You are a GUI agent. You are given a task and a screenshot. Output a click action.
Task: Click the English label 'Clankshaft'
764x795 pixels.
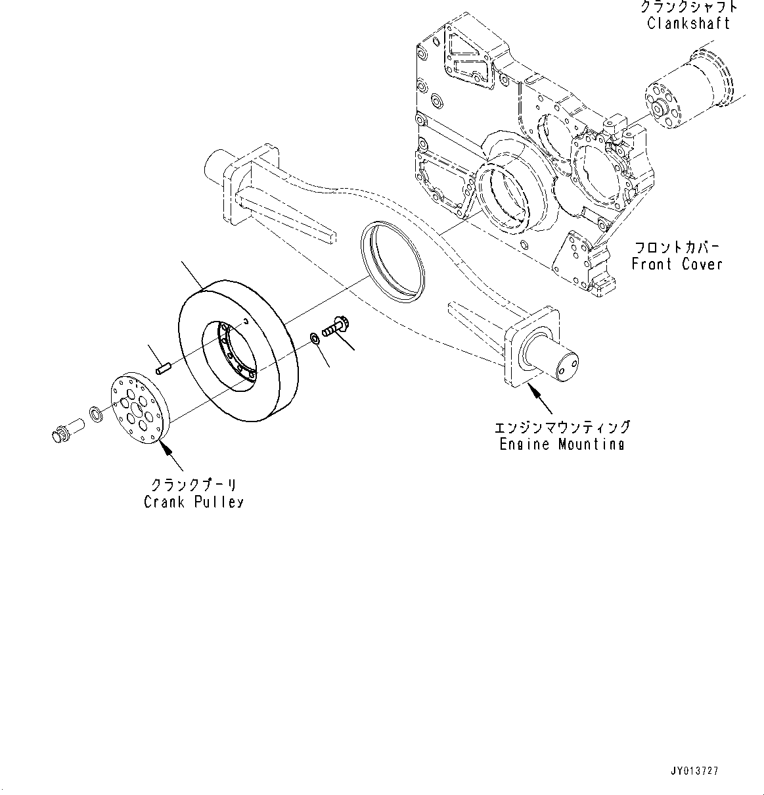pyautogui.click(x=688, y=24)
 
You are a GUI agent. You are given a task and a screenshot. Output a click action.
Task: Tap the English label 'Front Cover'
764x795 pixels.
pyautogui.click(x=677, y=264)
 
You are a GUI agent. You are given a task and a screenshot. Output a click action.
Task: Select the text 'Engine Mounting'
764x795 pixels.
pyautogui.click(x=562, y=444)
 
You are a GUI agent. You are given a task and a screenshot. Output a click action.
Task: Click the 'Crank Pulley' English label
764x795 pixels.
pyautogui.click(x=194, y=502)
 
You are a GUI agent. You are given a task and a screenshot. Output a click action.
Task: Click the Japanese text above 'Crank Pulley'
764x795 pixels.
pyautogui.click(x=194, y=485)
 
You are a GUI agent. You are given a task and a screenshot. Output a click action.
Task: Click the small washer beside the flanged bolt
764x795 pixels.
pyautogui.click(x=314, y=339)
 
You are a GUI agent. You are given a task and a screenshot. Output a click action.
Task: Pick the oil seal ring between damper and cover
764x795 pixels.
pyautogui.click(x=393, y=261)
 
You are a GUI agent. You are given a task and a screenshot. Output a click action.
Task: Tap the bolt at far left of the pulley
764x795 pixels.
pyautogui.click(x=65, y=433)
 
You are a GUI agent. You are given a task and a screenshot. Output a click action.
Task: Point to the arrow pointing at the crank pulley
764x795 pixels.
pyautogui.click(x=166, y=451)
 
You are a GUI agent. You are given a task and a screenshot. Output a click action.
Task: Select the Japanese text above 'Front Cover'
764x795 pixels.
pyautogui.click(x=677, y=248)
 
